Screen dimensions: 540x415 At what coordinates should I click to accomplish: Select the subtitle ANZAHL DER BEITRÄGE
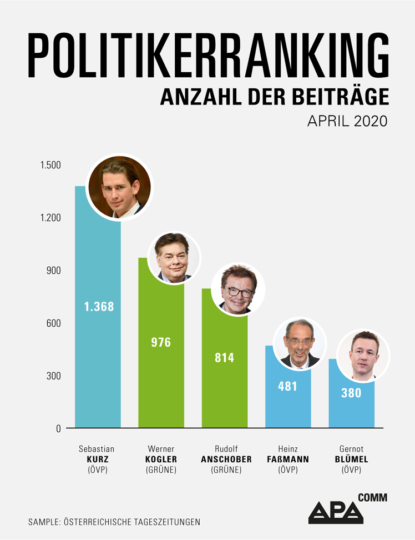(x=274, y=98)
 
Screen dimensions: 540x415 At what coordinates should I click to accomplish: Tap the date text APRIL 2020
(x=347, y=122)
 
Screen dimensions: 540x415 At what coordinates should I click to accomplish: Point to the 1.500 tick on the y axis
(x=50, y=166)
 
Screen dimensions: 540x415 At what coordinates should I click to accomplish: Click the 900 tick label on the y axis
(x=53, y=271)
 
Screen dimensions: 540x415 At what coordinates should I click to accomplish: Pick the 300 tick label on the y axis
(x=53, y=376)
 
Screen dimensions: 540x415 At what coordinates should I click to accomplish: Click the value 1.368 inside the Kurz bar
(x=99, y=306)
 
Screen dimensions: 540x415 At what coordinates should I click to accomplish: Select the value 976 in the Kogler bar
(x=161, y=342)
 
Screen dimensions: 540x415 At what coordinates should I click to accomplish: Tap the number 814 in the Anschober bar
(x=224, y=358)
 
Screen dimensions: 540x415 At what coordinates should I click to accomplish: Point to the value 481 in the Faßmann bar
(x=288, y=386)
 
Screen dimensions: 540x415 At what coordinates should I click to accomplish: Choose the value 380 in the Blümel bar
(x=351, y=393)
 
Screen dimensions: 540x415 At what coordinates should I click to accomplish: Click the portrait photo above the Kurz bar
(x=120, y=187)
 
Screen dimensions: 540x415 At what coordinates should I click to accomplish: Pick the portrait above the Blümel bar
(x=363, y=356)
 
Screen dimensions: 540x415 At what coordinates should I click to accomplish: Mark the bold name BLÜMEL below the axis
(x=351, y=459)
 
